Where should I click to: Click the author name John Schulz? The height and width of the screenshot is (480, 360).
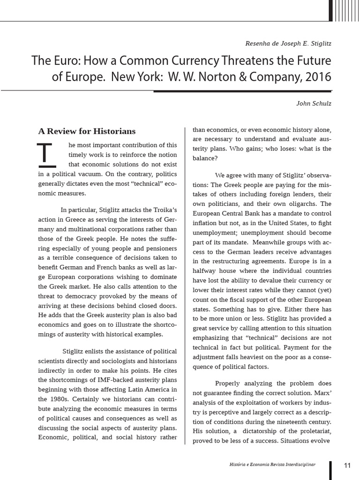[314, 104]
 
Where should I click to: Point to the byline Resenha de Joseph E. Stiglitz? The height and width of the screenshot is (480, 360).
[288, 43]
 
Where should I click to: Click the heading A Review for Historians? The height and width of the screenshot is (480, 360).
[87, 131]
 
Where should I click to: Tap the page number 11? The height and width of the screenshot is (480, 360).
[347, 465]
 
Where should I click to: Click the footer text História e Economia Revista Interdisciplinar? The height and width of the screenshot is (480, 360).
[270, 464]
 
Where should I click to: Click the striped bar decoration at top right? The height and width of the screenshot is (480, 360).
[345, 10]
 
